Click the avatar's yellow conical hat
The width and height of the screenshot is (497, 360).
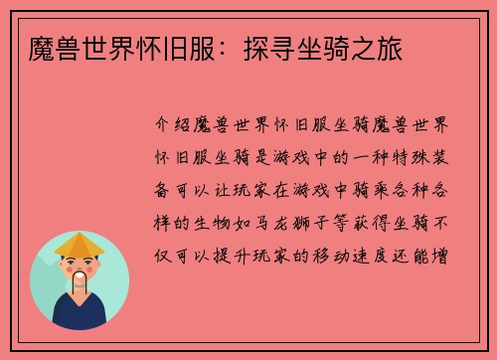(80, 243)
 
